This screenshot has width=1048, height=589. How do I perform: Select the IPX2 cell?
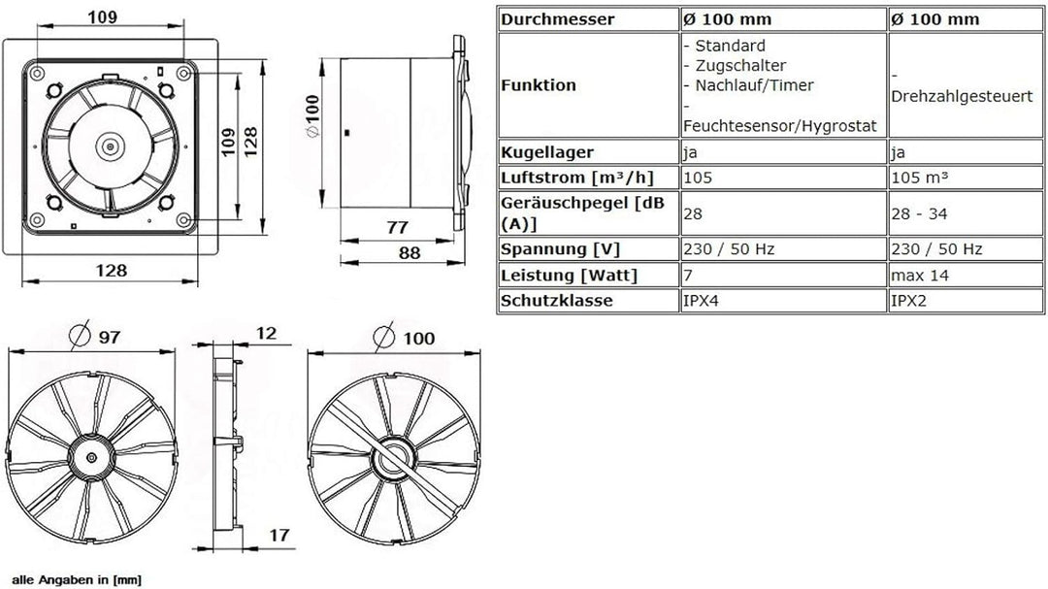coord(908,301)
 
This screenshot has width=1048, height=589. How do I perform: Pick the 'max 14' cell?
coord(917,276)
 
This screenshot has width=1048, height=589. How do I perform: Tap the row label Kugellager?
coord(546,152)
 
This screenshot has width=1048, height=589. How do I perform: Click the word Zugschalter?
coord(734,65)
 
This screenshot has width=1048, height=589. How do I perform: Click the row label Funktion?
coord(539,85)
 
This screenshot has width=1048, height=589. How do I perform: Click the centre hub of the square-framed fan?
coord(112,147)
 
